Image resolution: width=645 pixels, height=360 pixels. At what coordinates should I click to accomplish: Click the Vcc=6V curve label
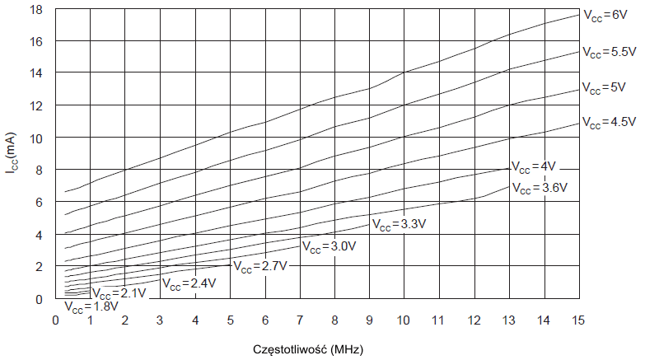point(605,15)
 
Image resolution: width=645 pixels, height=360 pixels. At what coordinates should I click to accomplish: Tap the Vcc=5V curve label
point(605,86)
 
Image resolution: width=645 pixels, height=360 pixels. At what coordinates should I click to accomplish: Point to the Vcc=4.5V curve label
point(610,122)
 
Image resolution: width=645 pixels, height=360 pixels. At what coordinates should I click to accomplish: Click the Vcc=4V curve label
point(535,165)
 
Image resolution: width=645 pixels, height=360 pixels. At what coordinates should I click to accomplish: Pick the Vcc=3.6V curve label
point(540,188)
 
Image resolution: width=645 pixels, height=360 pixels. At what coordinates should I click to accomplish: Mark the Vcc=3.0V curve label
point(330,245)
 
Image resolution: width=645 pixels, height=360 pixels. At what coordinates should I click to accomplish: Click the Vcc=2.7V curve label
point(259,266)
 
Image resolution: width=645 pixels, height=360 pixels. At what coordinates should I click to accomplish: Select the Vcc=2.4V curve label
point(189,283)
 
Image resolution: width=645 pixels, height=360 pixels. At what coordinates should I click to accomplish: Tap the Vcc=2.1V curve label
point(119,292)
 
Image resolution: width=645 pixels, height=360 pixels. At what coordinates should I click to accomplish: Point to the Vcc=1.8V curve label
point(91,308)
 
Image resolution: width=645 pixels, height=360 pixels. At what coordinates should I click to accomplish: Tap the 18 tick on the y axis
point(36,10)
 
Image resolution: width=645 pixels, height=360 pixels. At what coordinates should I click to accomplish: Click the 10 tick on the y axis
point(36,138)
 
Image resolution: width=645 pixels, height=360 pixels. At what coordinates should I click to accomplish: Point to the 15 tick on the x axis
point(577,320)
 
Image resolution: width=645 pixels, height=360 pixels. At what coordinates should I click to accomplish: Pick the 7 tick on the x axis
point(300,320)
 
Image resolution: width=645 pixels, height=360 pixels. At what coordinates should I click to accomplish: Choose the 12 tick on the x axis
point(474,320)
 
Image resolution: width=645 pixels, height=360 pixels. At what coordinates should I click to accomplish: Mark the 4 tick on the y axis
point(39,235)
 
